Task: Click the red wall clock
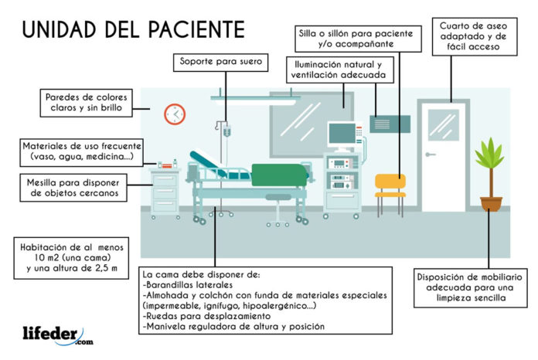point(175,114)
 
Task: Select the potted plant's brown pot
point(491,204)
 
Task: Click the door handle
point(431,155)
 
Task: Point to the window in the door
point(443,125)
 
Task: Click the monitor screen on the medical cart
point(342,134)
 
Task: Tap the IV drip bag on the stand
point(226,131)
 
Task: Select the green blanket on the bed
point(279,175)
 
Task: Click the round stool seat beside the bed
point(278,197)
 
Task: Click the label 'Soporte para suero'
point(220,62)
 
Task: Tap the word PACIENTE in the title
point(196,29)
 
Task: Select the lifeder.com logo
point(58,335)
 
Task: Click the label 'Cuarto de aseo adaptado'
point(475,36)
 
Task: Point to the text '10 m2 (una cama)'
point(73,257)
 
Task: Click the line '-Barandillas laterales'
point(188,285)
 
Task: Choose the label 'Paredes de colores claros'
point(86,103)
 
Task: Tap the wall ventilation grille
point(390,124)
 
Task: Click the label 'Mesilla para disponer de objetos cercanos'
point(73,188)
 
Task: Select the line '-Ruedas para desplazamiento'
point(206,316)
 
